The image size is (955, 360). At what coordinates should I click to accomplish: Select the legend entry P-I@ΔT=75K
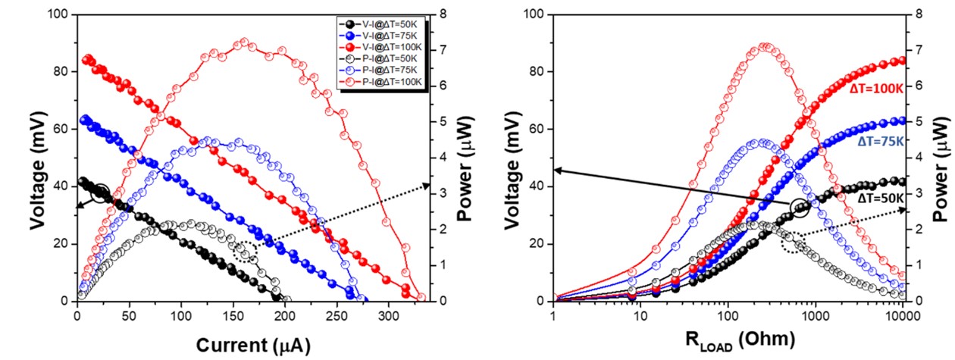tap(377, 70)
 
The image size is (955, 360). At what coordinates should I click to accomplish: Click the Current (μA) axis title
tap(253, 344)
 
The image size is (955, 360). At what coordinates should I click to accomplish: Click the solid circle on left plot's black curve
tap(100, 194)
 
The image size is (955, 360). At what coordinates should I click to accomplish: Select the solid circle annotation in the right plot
tap(800, 207)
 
